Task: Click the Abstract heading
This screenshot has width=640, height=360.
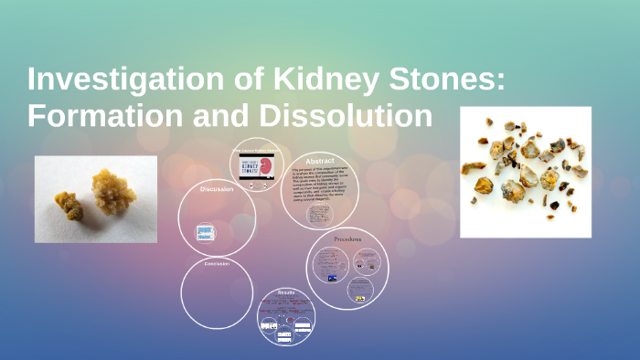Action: click(320, 159)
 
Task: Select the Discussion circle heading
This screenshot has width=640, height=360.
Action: click(217, 189)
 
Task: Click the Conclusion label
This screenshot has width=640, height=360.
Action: click(217, 264)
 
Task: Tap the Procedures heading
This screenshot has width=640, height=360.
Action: click(347, 238)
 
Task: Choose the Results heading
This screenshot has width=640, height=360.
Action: click(286, 292)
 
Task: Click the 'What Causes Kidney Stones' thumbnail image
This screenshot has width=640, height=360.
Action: click(255, 166)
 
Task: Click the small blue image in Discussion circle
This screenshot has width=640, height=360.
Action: click(206, 233)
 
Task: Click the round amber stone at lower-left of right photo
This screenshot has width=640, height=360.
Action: click(484, 185)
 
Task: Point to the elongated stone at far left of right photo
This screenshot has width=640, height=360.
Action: click(473, 167)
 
